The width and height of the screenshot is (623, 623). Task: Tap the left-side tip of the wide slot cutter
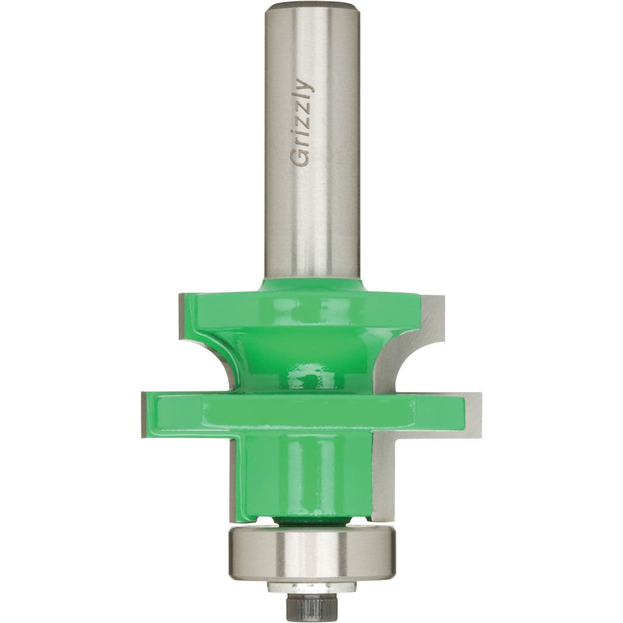(x=145, y=414)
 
